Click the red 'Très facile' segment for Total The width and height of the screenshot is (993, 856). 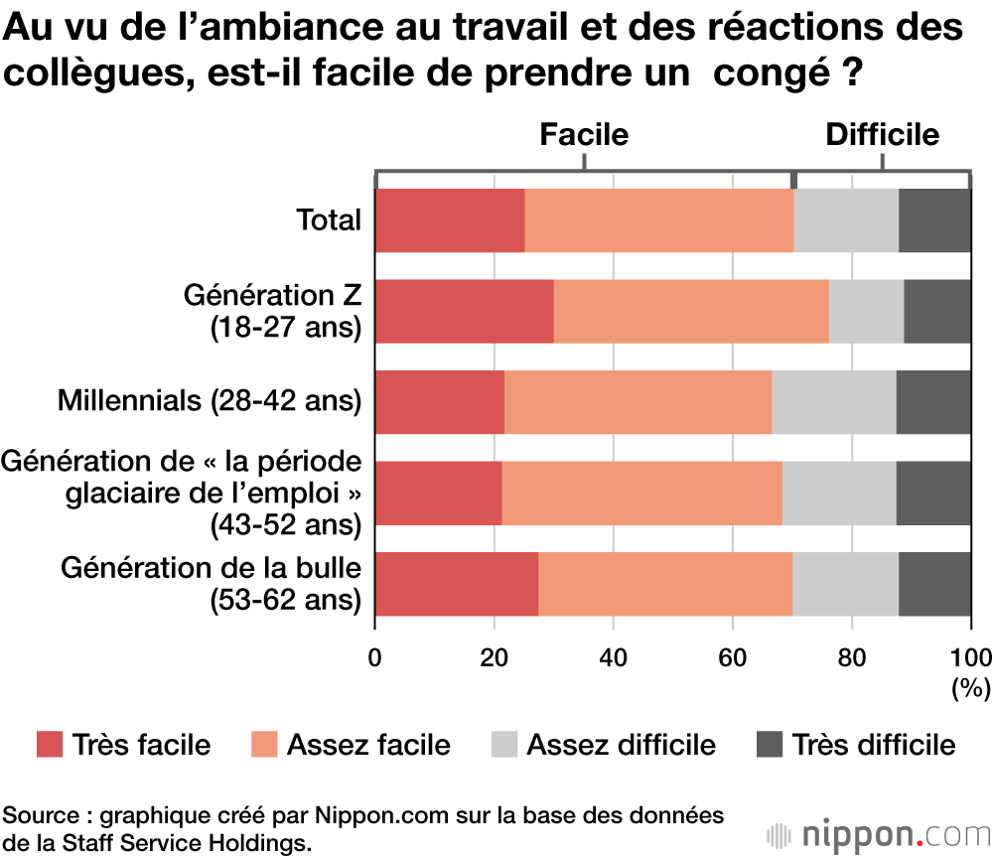click(450, 220)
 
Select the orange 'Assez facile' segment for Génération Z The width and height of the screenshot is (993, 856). click(691, 312)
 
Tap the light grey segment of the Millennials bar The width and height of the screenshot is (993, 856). click(833, 402)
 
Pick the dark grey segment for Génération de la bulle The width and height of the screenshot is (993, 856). click(934, 584)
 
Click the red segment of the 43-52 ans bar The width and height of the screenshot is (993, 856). click(439, 494)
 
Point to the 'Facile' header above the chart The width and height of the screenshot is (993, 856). click(584, 135)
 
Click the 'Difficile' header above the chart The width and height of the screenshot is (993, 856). click(883, 135)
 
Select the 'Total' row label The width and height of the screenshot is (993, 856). click(329, 220)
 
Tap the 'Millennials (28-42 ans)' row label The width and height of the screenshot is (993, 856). click(210, 401)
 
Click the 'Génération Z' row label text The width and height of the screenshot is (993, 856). click(272, 297)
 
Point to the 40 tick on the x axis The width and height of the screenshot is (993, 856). click(613, 657)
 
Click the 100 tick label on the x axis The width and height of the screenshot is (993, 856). click(970, 657)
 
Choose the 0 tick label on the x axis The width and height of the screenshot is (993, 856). click(375, 657)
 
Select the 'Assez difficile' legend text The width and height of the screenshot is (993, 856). click(621, 745)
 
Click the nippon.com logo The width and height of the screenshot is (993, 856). click(874, 832)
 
